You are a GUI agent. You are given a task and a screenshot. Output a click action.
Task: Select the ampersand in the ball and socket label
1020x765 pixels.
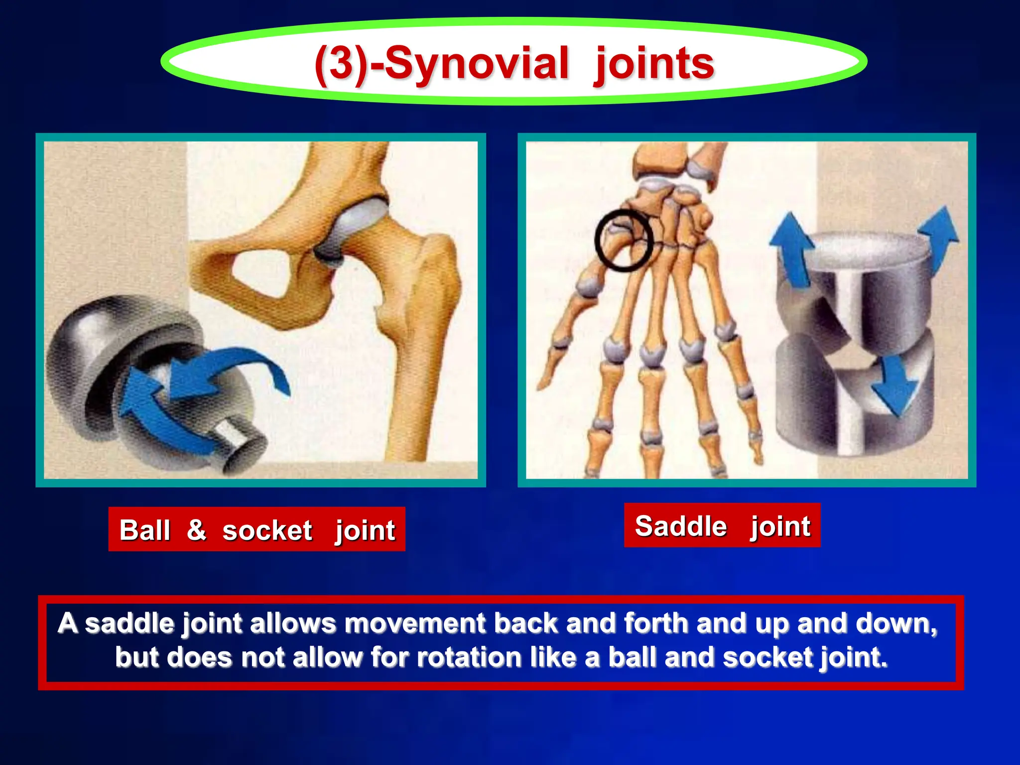click(x=196, y=529)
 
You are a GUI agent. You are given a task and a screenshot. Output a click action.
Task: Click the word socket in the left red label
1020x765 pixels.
click(x=267, y=530)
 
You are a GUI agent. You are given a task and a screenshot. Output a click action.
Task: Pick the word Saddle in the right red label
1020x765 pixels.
click(x=681, y=526)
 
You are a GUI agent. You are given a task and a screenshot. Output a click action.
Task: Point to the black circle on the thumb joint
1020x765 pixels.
click(x=623, y=241)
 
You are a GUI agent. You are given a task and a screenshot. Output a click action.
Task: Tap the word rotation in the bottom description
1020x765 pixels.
click(x=469, y=657)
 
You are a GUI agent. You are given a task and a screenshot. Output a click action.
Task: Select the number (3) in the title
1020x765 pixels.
click(x=340, y=65)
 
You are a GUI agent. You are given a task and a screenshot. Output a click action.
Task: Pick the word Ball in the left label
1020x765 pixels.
click(x=144, y=530)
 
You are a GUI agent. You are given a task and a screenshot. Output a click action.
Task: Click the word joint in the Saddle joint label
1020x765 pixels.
click(x=780, y=527)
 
